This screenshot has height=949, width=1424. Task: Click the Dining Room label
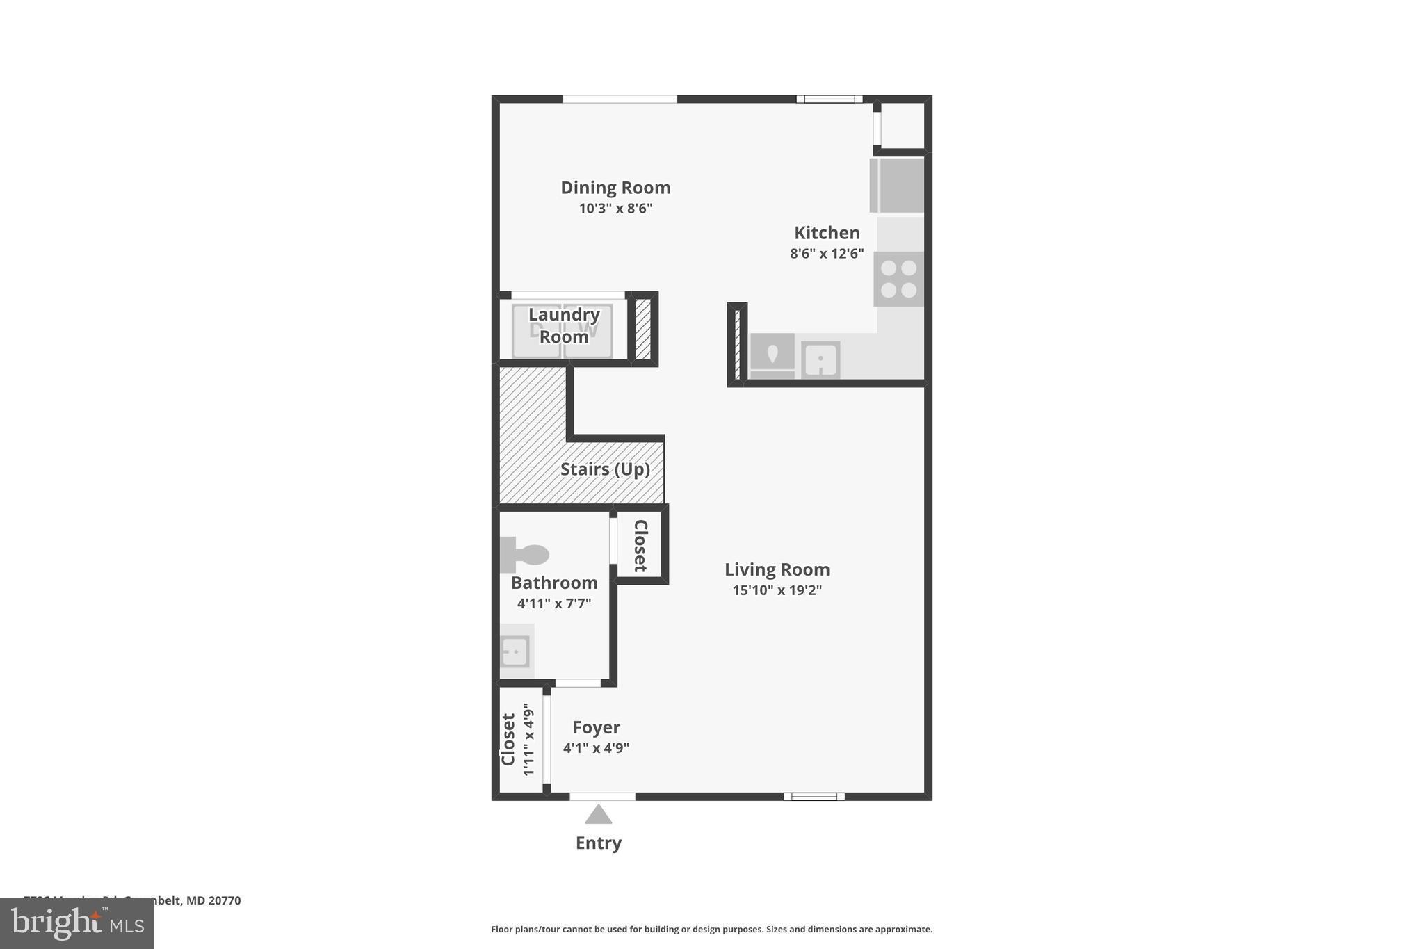615,188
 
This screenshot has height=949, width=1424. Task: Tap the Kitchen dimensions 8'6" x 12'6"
827,254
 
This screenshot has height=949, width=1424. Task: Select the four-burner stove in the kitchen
898,279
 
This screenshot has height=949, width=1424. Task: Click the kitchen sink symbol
820,360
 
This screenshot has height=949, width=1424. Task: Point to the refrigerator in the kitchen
897,185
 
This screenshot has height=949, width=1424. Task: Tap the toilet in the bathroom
525,554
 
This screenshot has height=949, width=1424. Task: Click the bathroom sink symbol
516,651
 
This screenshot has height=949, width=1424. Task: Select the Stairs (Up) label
605,469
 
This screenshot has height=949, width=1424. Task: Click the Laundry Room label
564,325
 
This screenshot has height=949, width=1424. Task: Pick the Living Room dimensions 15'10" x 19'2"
777,590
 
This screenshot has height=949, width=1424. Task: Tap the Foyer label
596,727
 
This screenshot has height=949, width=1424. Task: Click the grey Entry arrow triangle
598,814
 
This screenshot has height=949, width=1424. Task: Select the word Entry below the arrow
598,843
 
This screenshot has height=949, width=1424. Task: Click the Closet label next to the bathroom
640,545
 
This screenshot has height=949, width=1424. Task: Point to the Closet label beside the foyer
508,739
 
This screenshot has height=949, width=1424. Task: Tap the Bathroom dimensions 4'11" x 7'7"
553,603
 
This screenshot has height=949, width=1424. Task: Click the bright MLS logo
77,923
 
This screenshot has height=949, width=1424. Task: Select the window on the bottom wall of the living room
814,797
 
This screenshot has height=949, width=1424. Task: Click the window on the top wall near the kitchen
829,99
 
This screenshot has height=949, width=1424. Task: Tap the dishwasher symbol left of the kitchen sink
772,357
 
